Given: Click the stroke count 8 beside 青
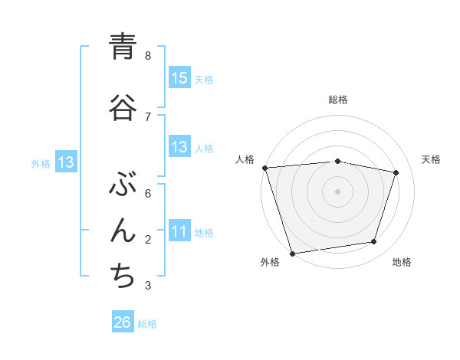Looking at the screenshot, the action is (148, 55).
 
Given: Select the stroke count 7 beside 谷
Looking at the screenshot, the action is (148, 116).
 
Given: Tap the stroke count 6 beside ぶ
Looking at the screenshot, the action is (148, 193).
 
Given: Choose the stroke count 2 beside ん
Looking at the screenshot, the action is (148, 239).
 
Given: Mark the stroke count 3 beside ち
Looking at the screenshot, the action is (148, 286).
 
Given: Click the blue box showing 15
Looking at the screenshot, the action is (179, 78).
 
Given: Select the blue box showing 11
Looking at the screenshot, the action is (179, 231).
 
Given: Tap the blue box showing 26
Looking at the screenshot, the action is (123, 322).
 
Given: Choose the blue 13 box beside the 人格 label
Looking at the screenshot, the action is (179, 147).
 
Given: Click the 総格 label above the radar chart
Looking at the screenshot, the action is (338, 100).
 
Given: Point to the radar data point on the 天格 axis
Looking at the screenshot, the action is (396, 172).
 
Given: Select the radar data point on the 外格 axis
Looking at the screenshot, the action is (292, 253).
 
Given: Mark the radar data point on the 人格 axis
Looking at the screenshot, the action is (264, 168).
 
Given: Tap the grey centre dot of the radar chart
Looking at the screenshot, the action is (338, 191).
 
